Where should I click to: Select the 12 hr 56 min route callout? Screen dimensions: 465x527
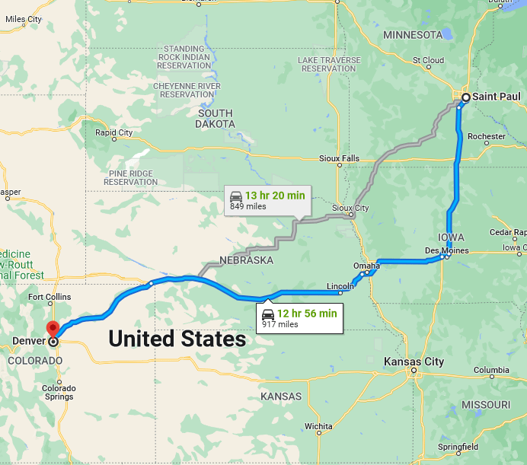click(299, 317)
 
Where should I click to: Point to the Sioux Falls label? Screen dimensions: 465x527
click(339, 158)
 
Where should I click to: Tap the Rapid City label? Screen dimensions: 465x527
click(113, 132)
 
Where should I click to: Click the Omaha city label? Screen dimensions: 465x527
click(366, 266)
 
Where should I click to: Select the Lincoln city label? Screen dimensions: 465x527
click(339, 286)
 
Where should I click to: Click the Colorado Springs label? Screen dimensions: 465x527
click(59, 392)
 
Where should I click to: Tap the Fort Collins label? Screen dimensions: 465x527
click(49, 297)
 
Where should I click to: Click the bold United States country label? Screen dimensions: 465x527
click(177, 339)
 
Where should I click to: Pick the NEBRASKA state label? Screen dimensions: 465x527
click(246, 260)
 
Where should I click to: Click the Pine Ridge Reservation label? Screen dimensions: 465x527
click(130, 177)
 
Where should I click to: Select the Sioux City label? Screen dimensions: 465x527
click(350, 208)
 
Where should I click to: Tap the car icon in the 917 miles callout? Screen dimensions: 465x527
click(268, 314)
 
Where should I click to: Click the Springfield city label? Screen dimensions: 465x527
click(458, 447)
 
